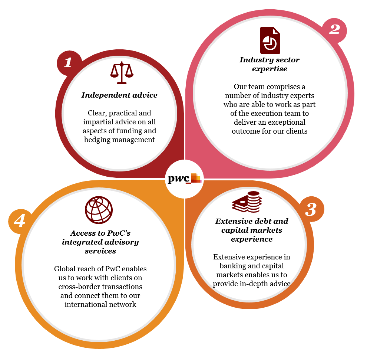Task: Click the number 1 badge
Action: point(68,63)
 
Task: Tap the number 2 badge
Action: point(334,29)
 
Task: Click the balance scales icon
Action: point(121,74)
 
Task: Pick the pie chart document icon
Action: point(270,40)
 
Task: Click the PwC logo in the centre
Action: point(184,179)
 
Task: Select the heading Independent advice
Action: point(119,95)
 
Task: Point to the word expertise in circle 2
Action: point(270,69)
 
